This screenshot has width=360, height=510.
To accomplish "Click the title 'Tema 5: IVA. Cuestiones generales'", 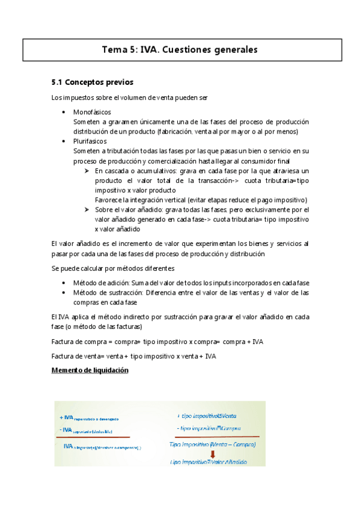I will (180, 50).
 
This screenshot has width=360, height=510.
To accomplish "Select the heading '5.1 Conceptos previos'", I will (93, 82).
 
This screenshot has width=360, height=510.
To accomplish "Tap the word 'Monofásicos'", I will (91, 112).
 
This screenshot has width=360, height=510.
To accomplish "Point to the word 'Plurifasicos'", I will (90, 141).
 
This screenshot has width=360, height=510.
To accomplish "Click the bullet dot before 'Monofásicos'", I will (64, 112).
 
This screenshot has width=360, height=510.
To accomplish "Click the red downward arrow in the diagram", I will (212, 454).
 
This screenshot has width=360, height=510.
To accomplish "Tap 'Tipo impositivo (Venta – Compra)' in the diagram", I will (213, 446).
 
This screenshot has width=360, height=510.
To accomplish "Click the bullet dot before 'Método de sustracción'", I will (64, 293).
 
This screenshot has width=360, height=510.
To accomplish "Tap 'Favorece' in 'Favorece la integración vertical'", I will (108, 200).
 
